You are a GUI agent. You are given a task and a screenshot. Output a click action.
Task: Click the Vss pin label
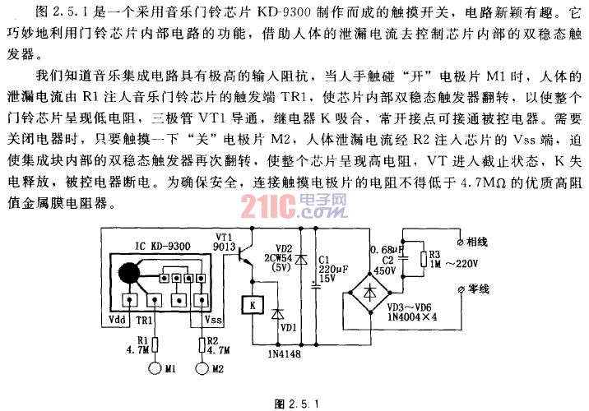coord(212,320)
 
